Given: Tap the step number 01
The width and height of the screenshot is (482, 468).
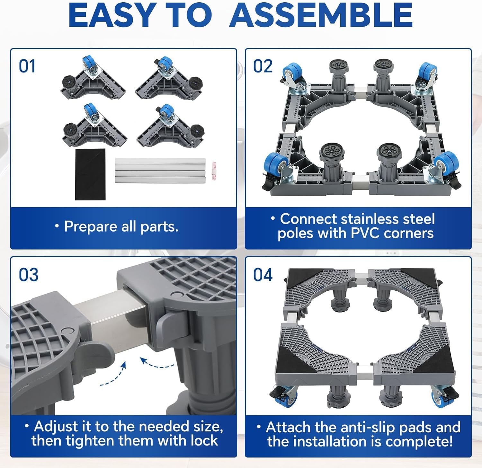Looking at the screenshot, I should tap(27, 66).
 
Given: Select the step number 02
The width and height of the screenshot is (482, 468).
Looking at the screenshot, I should tap(263, 66).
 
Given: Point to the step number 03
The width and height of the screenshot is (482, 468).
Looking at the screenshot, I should tap(28, 275).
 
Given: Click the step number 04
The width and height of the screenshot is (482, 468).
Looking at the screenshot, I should tap(263, 275).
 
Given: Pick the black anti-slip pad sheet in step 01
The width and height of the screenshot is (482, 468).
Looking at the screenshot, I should tap(90, 174).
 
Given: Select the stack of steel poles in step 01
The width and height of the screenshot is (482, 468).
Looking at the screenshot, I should tap(160, 171).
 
